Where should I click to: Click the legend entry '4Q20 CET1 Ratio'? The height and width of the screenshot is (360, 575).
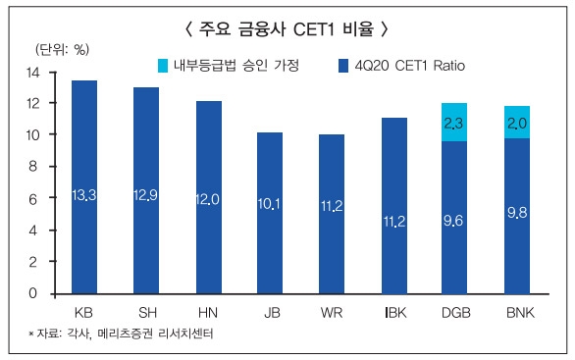pyautogui.click(x=397, y=66)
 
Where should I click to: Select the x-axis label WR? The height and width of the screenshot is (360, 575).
pyautogui.click(x=332, y=312)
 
